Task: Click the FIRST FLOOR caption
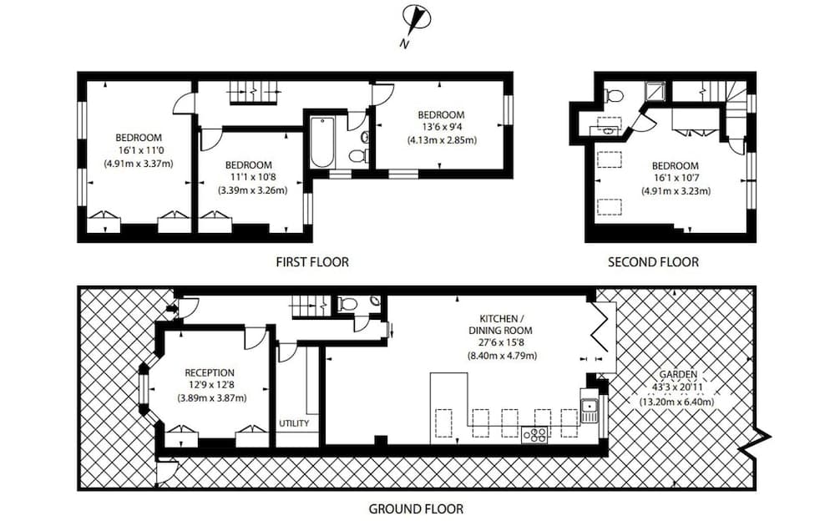(x=312, y=262)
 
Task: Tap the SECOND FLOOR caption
(x=653, y=262)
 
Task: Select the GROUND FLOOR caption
(x=416, y=508)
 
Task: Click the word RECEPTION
(x=210, y=372)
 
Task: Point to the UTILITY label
(x=294, y=423)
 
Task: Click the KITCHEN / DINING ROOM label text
(x=501, y=325)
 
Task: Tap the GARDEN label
(x=677, y=376)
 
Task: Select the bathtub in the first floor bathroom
(x=321, y=142)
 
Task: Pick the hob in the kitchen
(x=534, y=434)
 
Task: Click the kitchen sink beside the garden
(x=590, y=409)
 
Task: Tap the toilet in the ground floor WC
(x=348, y=304)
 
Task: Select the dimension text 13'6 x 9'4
(x=442, y=128)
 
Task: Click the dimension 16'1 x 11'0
(x=139, y=150)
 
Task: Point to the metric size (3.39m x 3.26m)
(x=252, y=190)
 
